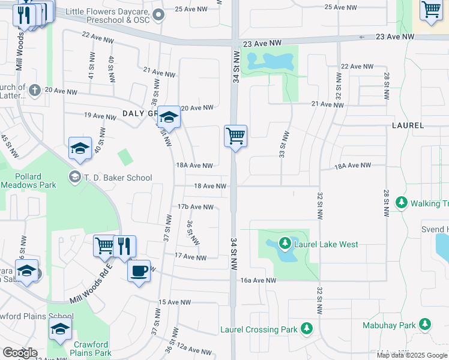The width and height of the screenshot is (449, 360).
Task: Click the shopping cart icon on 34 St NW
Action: pos(235,136)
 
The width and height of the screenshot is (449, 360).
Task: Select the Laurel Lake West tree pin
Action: pos(283,244)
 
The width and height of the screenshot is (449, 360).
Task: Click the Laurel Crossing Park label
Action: pos(258,329)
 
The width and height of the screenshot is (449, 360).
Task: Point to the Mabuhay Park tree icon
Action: pos(425,325)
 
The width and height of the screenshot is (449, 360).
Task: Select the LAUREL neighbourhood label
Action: pos(408,126)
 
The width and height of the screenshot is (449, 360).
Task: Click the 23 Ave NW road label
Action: pos(262,43)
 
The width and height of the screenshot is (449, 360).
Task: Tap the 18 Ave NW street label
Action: pos(210,187)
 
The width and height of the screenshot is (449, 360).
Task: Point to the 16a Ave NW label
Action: pos(258,280)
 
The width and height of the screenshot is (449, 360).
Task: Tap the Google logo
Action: pos(20,353)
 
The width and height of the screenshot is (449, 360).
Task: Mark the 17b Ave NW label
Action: pos(195,207)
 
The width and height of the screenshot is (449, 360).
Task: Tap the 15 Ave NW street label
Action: pos(174,302)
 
